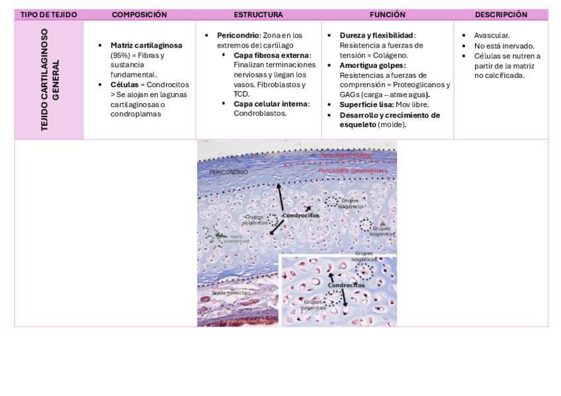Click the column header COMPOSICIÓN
pos(139,15)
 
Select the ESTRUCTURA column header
pos(258,15)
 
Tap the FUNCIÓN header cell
pos(388,15)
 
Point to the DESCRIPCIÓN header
pos(501,15)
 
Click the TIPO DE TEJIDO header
pos(49,15)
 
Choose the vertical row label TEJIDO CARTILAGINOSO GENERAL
pos(49,79)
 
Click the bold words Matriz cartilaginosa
pos(146,46)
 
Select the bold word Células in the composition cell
pos(124,85)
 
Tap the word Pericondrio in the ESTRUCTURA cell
pos(237,35)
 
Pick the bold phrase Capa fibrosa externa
pos(271,55)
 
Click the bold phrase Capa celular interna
pos(271,104)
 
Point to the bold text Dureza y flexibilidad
pos(377,35)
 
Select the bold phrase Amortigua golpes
pos(372,65)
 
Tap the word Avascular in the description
pos(492,35)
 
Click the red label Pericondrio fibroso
pos(346,155)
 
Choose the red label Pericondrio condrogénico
pos(353,171)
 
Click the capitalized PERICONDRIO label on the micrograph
pos(228,172)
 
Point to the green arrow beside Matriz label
pos(220,235)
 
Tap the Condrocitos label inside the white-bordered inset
pos(347,286)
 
